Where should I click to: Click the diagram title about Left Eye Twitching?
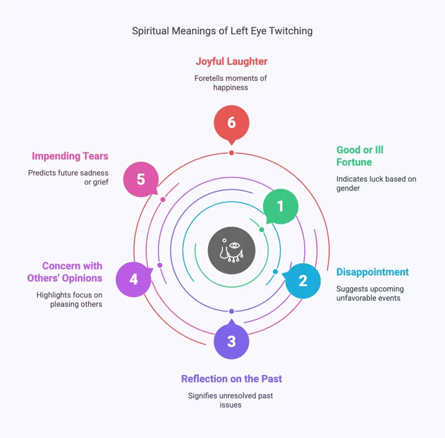tap(222, 31)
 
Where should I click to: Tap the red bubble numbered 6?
tap(232, 123)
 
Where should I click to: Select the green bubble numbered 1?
tap(281, 206)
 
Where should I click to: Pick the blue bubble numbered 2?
tap(303, 280)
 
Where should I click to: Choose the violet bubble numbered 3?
tap(232, 341)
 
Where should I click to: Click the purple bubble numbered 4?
tap(133, 279)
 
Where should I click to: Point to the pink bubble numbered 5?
tap(141, 179)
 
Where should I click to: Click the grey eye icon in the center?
tap(232, 250)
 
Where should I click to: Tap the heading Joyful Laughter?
tap(232, 61)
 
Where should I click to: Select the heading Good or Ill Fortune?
tap(360, 156)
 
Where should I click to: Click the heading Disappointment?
tap(372, 272)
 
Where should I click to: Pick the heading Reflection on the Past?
tap(232, 378)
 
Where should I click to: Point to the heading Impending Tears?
tap(70, 156)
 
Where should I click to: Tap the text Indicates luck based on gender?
tap(376, 183)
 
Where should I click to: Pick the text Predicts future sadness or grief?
tap(68, 177)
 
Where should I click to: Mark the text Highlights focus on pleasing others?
tap(70, 299)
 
